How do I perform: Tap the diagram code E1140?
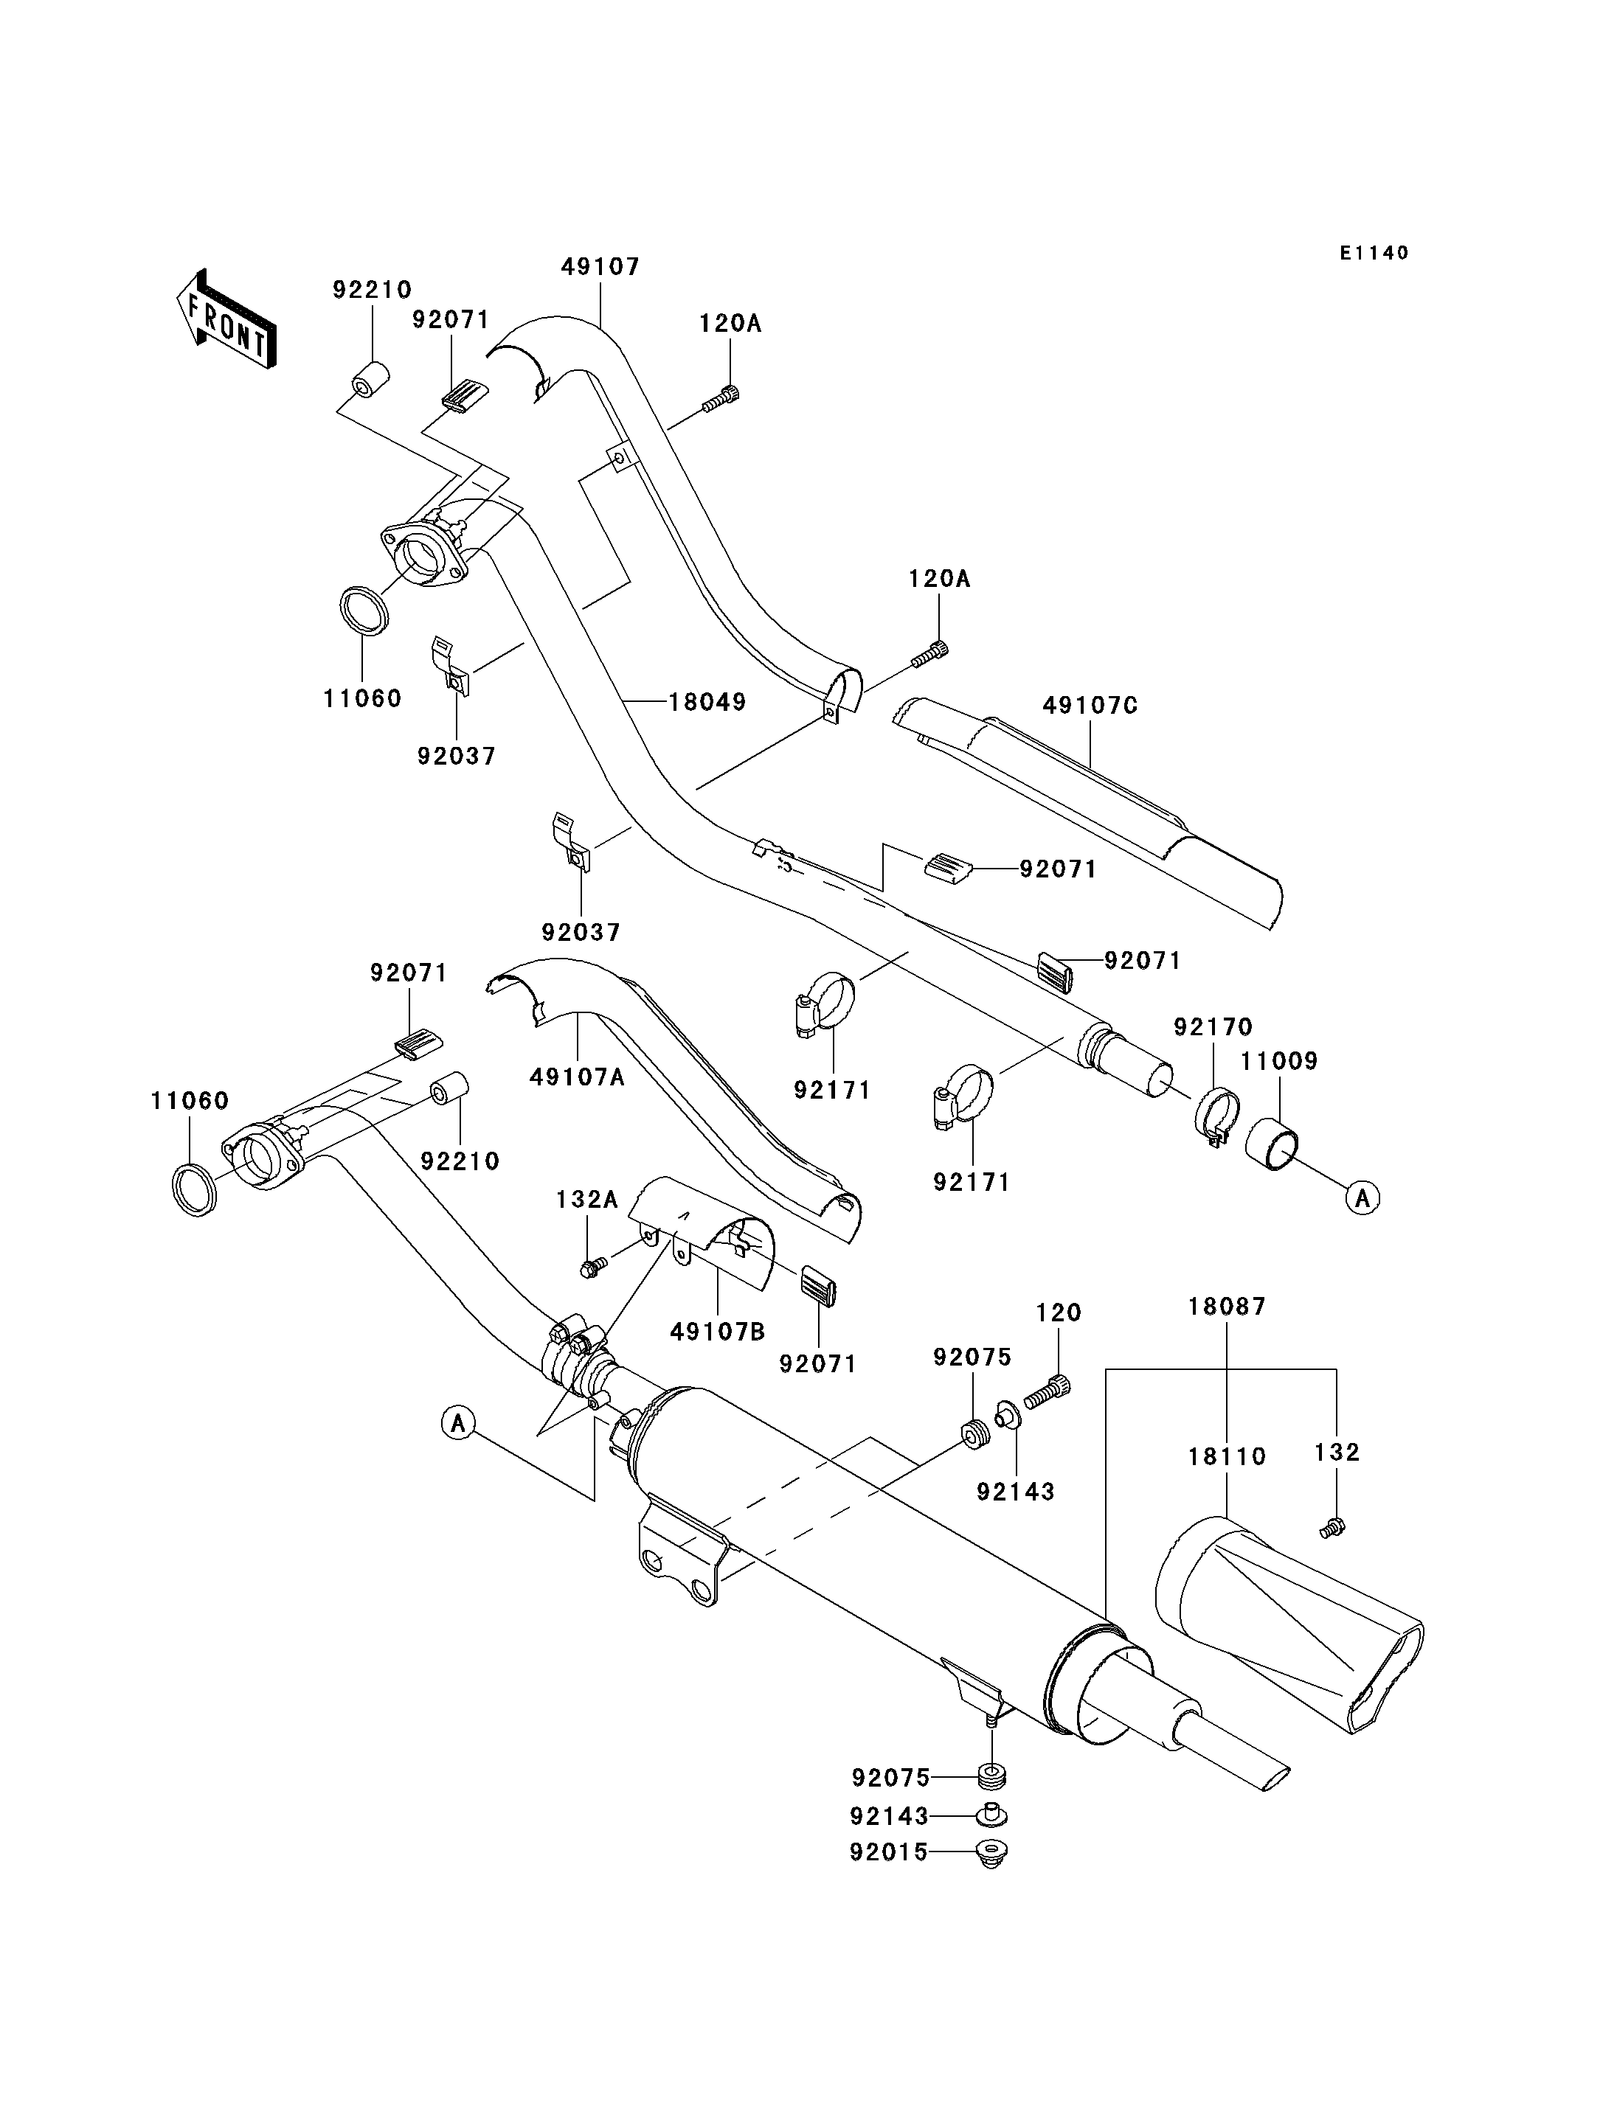point(1374,253)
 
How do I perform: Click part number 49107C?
point(1090,706)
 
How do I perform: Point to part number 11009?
point(1279,1061)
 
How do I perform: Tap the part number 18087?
point(1228,1307)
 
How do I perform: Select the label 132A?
point(587,1200)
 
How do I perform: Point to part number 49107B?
point(718,1332)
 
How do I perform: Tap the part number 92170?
point(1213,1026)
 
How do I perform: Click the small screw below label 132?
point(1332,1527)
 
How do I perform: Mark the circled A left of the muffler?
point(459,1422)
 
